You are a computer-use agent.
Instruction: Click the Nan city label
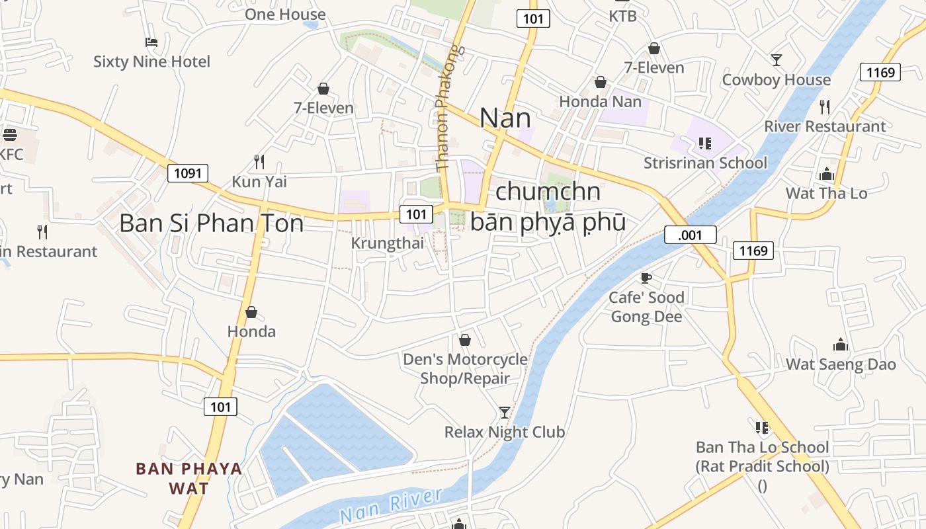pyautogui.click(x=505, y=118)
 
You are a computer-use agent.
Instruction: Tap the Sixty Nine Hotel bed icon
pyautogui.click(x=151, y=42)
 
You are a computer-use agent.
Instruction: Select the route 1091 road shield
pyautogui.click(x=188, y=174)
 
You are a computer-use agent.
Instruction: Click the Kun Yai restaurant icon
pyautogui.click(x=259, y=161)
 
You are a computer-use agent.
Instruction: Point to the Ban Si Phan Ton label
pyautogui.click(x=211, y=224)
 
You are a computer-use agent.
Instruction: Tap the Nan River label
pyautogui.click(x=390, y=505)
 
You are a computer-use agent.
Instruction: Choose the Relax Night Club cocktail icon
pyautogui.click(x=505, y=413)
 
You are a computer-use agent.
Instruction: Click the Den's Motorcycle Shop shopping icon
pyautogui.click(x=465, y=340)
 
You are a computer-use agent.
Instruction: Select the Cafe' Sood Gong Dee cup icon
pyautogui.click(x=646, y=278)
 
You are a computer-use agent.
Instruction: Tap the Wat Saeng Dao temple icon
pyautogui.click(x=841, y=345)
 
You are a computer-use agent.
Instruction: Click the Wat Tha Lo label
pyautogui.click(x=826, y=193)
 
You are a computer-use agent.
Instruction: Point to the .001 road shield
pyautogui.click(x=690, y=235)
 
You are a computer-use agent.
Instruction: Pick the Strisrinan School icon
pyautogui.click(x=705, y=143)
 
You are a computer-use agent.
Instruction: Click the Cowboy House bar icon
pyautogui.click(x=777, y=60)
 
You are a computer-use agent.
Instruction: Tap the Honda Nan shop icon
pyautogui.click(x=601, y=82)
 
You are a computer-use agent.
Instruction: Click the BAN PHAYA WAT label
pyautogui.click(x=189, y=478)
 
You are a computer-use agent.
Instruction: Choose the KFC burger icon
pyautogui.click(x=10, y=135)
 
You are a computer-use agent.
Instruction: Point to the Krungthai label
pyautogui.click(x=387, y=243)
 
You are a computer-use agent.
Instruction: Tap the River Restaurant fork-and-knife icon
pyautogui.click(x=825, y=106)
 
